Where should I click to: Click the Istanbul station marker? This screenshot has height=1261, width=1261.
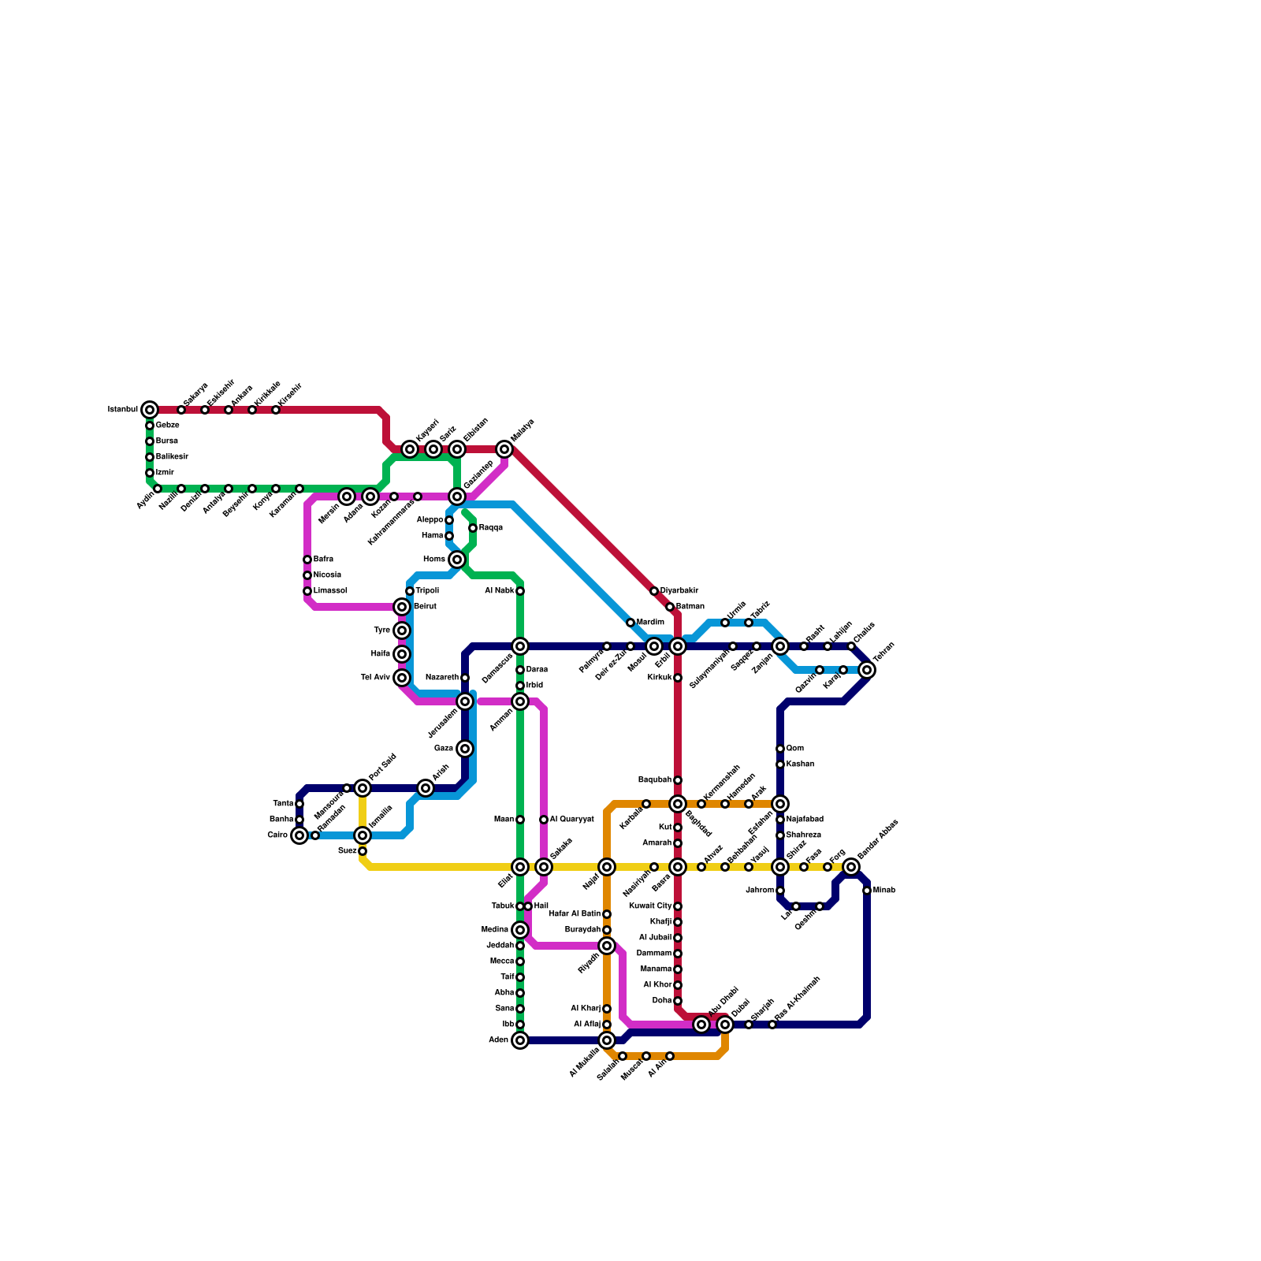click(x=150, y=410)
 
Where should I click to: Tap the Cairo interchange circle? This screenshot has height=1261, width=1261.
click(x=299, y=835)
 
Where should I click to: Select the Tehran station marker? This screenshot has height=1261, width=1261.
click(x=867, y=670)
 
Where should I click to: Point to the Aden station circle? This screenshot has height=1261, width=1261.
click(x=520, y=1040)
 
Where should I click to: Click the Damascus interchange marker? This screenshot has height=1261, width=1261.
click(x=520, y=646)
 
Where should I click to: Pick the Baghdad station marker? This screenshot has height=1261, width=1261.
click(x=678, y=804)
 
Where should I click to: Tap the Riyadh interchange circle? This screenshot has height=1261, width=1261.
click(x=607, y=946)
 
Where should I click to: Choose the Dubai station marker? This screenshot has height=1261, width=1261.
click(x=725, y=1025)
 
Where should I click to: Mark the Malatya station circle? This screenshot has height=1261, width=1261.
click(x=504, y=449)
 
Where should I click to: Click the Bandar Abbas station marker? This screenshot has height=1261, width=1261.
click(x=851, y=867)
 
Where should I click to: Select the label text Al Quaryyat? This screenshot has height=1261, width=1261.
click(x=571, y=820)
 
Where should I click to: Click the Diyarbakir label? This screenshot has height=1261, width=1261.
click(x=679, y=591)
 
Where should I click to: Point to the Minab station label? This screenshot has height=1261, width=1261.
click(x=884, y=891)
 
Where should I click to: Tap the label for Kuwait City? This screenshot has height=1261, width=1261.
click(x=650, y=906)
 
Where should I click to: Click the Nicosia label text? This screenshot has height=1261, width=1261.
click(x=327, y=575)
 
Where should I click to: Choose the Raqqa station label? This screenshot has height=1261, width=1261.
click(x=491, y=528)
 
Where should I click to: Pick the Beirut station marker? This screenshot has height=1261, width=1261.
click(x=402, y=607)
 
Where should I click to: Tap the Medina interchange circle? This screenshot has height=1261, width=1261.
click(x=520, y=930)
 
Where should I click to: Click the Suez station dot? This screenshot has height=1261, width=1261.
click(x=363, y=851)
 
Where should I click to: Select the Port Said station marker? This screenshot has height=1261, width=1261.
click(x=363, y=788)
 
